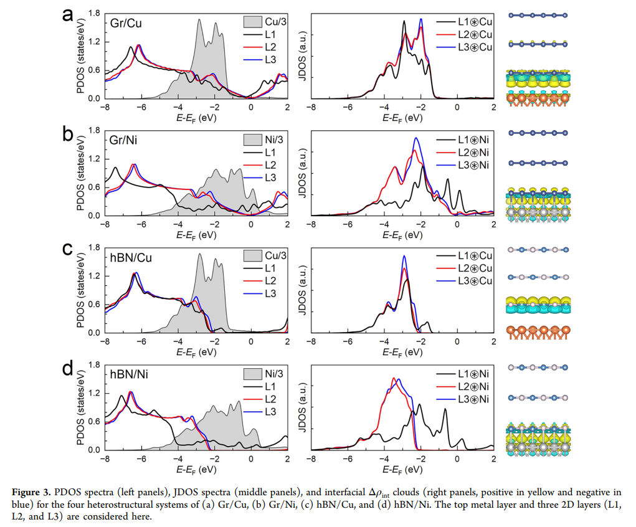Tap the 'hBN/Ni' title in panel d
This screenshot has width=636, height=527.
point(128,374)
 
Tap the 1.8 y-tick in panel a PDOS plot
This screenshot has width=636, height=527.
point(94,13)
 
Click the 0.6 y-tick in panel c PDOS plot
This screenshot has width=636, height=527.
point(94,304)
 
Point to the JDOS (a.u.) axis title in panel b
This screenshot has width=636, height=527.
point(303,173)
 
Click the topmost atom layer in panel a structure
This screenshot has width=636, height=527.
point(538,16)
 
